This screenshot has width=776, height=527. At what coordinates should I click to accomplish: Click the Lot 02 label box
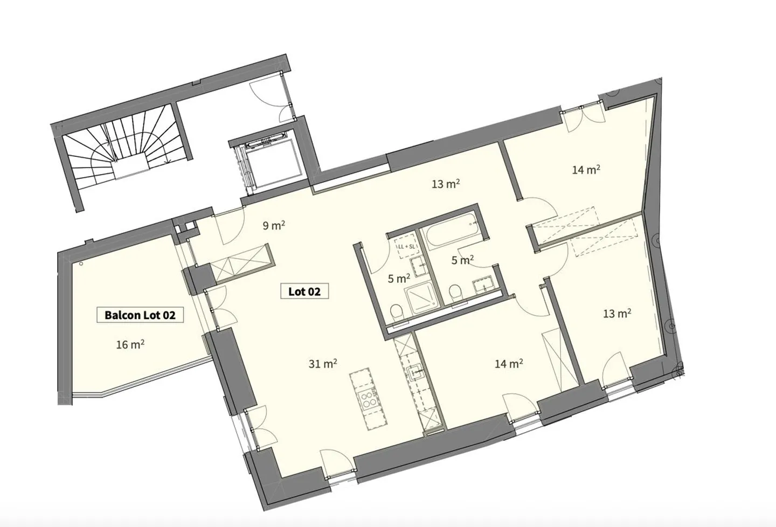pos(304,292)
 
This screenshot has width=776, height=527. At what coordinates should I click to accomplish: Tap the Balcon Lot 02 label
pos(140,315)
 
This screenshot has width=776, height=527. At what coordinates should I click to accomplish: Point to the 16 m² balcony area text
pos(130,344)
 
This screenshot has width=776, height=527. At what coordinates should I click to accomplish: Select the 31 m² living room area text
pos(323,364)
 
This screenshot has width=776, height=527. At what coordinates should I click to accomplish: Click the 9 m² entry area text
pos(274,225)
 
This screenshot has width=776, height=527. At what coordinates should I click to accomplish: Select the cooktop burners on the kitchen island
pos(370,399)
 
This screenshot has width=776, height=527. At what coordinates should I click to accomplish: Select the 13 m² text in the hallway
pos(446,184)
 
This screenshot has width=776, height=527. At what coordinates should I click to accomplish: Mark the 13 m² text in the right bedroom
pos(617,313)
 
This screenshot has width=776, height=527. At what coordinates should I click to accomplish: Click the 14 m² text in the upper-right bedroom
pos(586,170)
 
